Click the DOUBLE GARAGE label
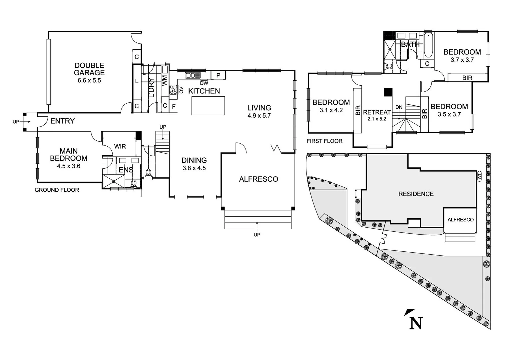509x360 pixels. coord(89,69)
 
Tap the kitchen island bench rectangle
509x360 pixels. coord(208,106)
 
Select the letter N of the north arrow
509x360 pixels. coord(416,323)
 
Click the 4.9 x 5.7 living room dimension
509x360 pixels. coord(259,116)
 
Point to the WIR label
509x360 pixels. coord(120,146)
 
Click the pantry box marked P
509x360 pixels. coord(218,75)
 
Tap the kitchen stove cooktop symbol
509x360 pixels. coord(174,90)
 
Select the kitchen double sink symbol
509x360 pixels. coord(193,75)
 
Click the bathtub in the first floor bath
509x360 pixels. coord(428,45)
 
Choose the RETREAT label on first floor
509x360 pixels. coord(377,112)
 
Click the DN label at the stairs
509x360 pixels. coord(399,107)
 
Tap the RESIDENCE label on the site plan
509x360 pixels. coord(416,194)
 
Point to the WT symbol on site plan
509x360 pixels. coord(480,177)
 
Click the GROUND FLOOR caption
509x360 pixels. coord(57,190)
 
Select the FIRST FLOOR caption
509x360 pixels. coord(324,141)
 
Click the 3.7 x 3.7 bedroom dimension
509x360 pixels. coord(462,60)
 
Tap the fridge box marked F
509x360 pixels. coord(174,107)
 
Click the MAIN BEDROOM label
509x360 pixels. coord(69,155)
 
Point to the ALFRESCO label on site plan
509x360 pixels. coord(460,220)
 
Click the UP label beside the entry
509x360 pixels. coord(16,122)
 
